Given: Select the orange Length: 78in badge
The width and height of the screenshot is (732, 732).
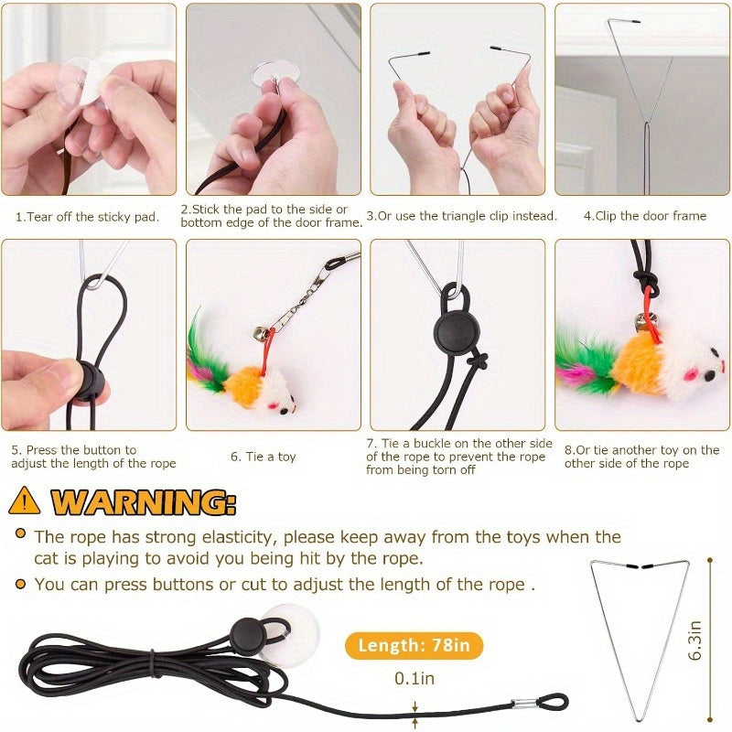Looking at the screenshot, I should [x=414, y=645].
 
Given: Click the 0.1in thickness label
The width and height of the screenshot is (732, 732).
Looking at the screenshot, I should [x=414, y=679].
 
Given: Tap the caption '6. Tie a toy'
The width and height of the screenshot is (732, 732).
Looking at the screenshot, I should [x=263, y=457].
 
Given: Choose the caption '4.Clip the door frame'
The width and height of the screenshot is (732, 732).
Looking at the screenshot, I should [x=644, y=216].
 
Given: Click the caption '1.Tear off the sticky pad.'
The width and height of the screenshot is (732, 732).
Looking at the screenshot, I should [x=87, y=217].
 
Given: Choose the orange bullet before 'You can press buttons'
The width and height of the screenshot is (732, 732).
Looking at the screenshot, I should [x=19, y=584].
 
